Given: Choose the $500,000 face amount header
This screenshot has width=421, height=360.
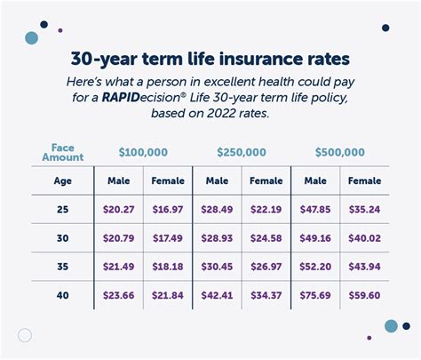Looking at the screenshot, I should pos(339,152).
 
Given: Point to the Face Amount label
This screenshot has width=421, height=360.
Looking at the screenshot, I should pos(62,152).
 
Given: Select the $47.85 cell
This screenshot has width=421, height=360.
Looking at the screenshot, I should pos(314,211).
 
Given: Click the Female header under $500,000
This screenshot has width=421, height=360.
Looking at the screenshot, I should pos(363,181).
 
